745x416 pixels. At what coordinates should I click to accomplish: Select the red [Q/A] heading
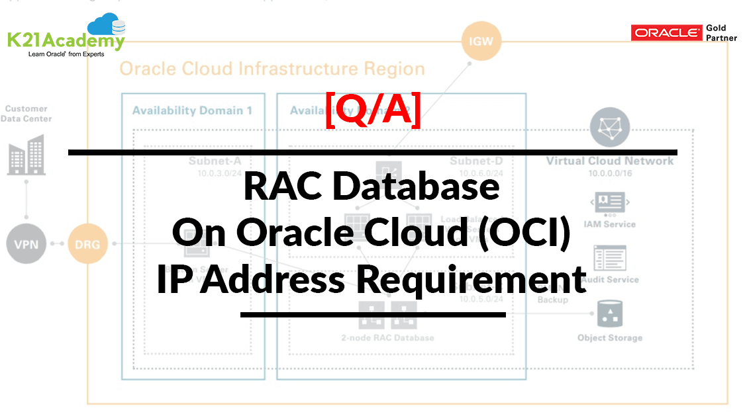click(x=373, y=111)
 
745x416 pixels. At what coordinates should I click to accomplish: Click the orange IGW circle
click(x=481, y=42)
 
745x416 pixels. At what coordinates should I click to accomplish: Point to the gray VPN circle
click(x=26, y=244)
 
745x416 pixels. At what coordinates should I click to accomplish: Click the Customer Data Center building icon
click(x=26, y=155)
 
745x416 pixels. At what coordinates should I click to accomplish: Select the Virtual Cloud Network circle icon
click(x=609, y=128)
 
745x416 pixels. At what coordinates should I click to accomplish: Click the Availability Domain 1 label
click(x=192, y=110)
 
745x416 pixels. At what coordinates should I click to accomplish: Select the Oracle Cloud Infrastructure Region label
click(x=272, y=69)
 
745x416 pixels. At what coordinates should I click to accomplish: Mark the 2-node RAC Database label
click(x=387, y=338)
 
